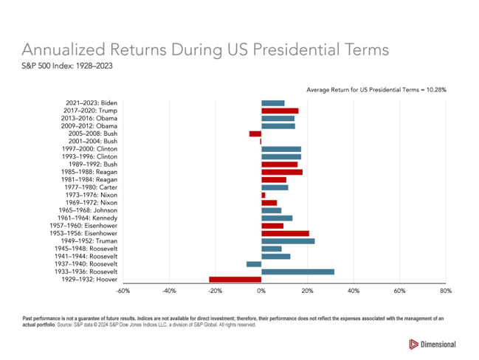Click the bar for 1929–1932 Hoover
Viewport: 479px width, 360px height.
point(235,280)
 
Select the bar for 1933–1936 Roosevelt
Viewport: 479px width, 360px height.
point(297,271)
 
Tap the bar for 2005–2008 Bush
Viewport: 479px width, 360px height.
point(255,134)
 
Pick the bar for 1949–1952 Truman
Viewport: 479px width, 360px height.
point(288,241)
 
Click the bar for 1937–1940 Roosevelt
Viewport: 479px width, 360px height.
point(254,264)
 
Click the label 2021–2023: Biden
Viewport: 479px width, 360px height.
point(92,103)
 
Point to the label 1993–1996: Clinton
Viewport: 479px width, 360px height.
point(90,156)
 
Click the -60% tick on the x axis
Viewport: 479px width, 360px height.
point(123,292)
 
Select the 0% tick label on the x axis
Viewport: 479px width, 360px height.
point(261,292)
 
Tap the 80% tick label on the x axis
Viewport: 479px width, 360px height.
point(446,292)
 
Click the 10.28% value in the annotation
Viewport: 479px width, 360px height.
point(435,89)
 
